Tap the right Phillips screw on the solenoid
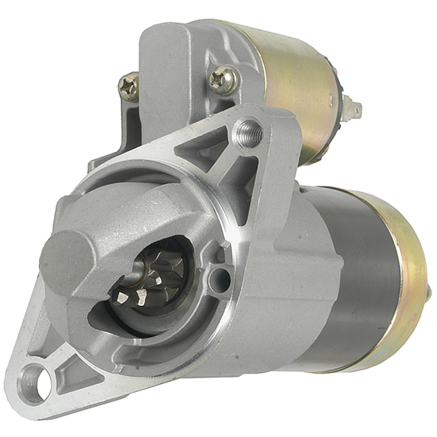[223, 81]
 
